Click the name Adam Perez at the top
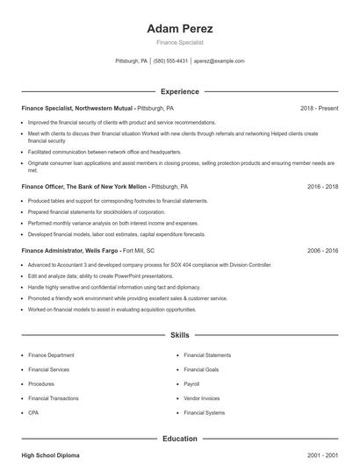tap(180, 29)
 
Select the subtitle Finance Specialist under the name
tap(180, 42)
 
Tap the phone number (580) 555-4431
tap(170, 61)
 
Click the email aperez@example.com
tap(220, 61)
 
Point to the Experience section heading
tap(180, 91)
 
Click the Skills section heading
tap(180, 335)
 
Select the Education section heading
tap(180, 439)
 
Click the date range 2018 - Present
tap(319, 108)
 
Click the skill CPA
tap(33, 412)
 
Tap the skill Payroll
tap(192, 383)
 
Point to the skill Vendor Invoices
tap(201, 397)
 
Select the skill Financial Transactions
tap(53, 397)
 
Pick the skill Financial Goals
tap(202, 369)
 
